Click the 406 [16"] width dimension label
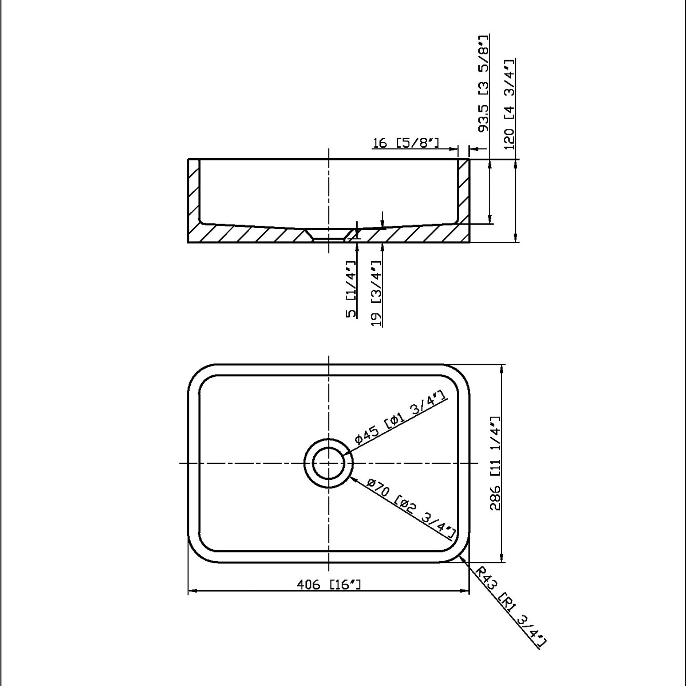click(328, 584)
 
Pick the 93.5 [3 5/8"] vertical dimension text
click(483, 83)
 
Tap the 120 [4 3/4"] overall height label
click(509, 104)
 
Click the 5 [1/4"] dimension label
click(351, 289)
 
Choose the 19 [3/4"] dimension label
click(377, 293)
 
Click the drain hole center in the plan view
click(328, 463)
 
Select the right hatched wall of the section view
click(463, 192)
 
